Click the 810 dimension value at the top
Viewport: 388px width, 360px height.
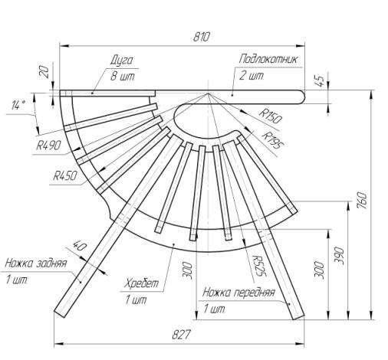(x=201, y=37)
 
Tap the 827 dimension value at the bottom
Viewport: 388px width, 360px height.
(x=181, y=335)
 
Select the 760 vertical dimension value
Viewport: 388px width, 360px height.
(x=363, y=201)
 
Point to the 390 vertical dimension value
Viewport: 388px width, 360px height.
(x=340, y=255)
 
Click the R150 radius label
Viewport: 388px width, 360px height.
(x=271, y=116)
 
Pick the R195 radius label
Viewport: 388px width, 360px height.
(x=274, y=140)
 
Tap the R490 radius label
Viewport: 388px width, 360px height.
(x=48, y=146)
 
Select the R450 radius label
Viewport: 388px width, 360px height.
(x=65, y=175)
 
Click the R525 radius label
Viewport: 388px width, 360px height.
(x=258, y=266)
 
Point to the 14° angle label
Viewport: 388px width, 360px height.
(x=18, y=105)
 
